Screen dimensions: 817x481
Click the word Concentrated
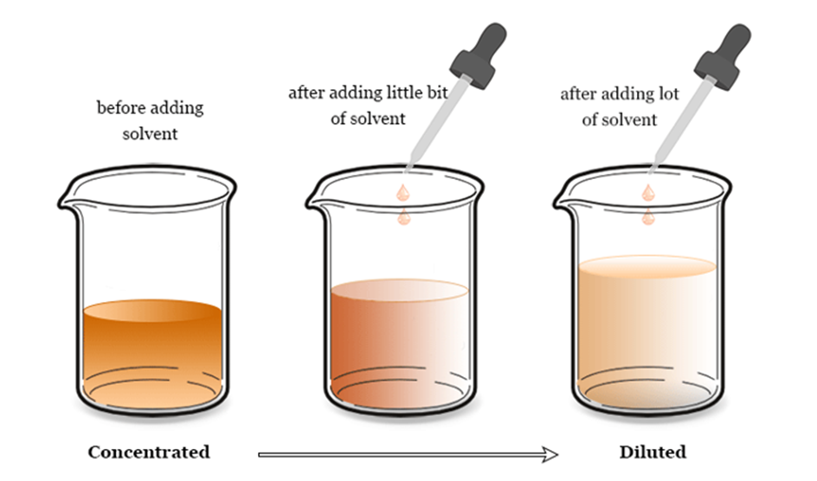[149, 452]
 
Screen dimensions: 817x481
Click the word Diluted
[653, 452]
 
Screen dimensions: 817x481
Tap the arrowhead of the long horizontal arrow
[550, 454]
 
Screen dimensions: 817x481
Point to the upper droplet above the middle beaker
[402, 193]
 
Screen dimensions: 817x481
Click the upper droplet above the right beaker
[647, 193]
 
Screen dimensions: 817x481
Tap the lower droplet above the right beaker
[647, 217]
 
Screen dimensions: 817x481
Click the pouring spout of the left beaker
[67, 201]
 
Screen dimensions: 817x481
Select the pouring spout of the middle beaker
[315, 201]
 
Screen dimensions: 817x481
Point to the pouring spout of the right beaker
[563, 201]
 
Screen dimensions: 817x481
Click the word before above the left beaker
[122, 108]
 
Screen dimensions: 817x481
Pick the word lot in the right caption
[667, 94]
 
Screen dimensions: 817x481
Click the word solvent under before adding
[150, 134]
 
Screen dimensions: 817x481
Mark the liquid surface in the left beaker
[152, 311]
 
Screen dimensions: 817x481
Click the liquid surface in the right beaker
[647, 266]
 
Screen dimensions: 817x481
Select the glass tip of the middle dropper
[409, 164]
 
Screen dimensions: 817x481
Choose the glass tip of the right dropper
[653, 164]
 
